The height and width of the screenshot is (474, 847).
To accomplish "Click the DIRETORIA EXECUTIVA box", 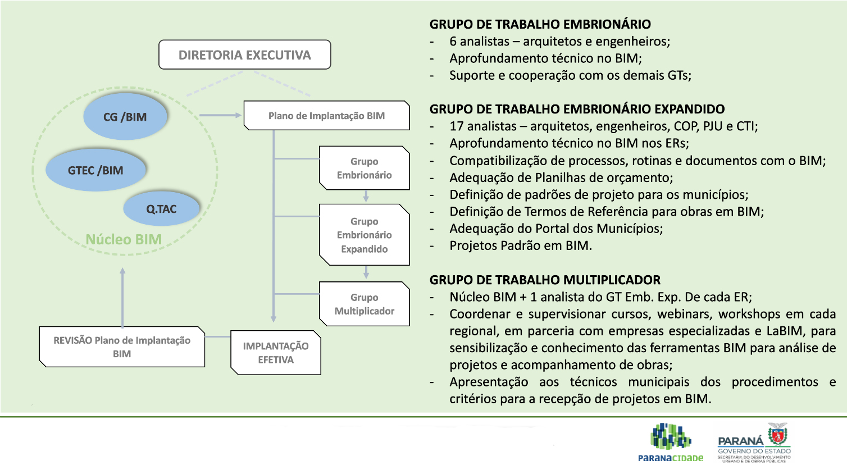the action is [245, 55].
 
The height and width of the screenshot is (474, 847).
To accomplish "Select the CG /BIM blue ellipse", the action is [125, 116].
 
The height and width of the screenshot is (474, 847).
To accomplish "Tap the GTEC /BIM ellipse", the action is [95, 170].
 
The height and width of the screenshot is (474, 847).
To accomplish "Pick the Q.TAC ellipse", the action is [161, 209].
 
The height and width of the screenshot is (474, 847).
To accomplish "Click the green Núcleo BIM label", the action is [124, 239].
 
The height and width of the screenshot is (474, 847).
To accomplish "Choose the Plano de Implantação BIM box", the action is [327, 115].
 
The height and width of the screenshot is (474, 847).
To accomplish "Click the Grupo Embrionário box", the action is [364, 168].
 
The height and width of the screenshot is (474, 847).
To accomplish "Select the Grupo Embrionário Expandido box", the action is [364, 235].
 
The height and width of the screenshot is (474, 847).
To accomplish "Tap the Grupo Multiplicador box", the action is [364, 304].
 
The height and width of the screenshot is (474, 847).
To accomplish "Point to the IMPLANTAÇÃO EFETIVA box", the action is [276, 353].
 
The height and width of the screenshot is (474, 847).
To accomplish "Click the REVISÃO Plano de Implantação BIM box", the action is [122, 347].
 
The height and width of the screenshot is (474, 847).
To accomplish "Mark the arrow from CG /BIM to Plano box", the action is [220, 115].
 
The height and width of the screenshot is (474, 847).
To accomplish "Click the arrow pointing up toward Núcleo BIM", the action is [122, 298].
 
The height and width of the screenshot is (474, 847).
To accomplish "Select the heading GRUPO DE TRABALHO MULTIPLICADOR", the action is [545, 280].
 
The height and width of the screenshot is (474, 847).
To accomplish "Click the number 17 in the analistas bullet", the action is [457, 126].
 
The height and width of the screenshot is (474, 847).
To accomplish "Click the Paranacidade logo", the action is [671, 442].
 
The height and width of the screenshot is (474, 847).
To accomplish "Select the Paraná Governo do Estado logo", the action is [754, 443].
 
